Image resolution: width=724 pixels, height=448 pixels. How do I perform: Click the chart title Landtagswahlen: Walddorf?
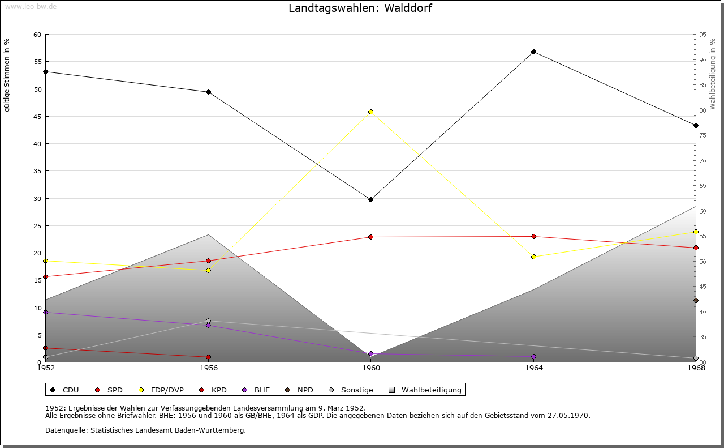tap(360, 8)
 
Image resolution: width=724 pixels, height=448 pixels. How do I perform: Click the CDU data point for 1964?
tap(533, 52)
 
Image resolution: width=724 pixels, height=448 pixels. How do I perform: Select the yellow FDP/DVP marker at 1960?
tap(370, 112)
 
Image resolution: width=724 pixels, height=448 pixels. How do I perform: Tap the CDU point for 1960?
tap(370, 199)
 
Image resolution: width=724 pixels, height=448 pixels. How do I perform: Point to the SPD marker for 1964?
tap(533, 237)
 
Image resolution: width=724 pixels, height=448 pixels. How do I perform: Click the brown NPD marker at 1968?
tap(696, 301)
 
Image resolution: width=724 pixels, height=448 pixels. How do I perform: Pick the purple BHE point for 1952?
tap(46, 313)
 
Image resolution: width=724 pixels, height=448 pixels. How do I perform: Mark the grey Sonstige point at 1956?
tap(208, 321)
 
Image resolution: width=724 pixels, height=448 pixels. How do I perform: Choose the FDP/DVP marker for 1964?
tap(533, 257)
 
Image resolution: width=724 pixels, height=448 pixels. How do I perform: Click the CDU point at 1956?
tap(208, 92)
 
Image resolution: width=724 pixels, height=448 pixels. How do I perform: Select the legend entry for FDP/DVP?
tap(161, 390)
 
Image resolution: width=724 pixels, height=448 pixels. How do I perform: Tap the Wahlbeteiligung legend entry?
tap(426, 390)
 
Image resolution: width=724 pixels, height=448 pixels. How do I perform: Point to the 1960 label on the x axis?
tap(370, 368)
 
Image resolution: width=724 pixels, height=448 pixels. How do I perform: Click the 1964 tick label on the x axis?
tap(533, 368)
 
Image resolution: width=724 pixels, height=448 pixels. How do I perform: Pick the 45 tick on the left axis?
tap(37, 117)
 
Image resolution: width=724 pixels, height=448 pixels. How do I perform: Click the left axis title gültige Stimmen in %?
tap(7, 75)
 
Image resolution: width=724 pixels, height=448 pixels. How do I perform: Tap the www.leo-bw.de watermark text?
tap(30, 6)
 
